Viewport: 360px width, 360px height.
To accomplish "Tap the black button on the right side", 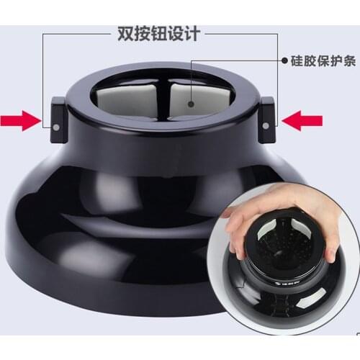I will tap(268, 117).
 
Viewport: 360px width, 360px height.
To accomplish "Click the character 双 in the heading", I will tap(123, 33).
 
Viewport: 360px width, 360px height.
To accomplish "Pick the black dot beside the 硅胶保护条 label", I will tap(284, 62).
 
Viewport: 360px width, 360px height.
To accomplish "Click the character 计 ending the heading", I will tap(192, 33).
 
